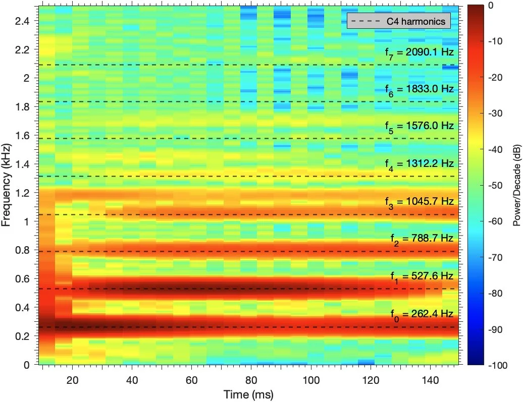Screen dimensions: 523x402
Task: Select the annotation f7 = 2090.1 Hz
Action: click(x=420, y=53)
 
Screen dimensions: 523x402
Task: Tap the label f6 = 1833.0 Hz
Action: click(x=420, y=90)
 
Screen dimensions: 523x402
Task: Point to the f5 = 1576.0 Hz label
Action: click(x=420, y=127)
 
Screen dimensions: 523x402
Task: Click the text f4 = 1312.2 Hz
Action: click(x=420, y=164)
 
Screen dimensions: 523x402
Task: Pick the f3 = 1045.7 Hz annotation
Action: click(x=420, y=202)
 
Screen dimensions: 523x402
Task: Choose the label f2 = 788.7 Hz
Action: click(x=422, y=239)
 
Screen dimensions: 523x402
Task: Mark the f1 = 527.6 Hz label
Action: click(x=422, y=277)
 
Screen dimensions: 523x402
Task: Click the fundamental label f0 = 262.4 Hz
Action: click(x=422, y=315)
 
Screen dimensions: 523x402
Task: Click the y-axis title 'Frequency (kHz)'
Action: click(x=6, y=185)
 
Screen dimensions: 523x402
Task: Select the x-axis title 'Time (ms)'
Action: click(x=248, y=394)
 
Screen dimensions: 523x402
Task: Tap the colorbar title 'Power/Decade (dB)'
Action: click(x=516, y=185)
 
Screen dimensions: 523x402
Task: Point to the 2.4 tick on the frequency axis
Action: click(x=22, y=21)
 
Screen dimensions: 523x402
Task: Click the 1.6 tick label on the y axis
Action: click(x=22, y=136)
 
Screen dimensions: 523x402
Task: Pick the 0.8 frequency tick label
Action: click(x=22, y=250)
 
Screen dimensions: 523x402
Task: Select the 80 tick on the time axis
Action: click(x=251, y=380)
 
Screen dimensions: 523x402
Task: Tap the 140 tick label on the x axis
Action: click(x=430, y=380)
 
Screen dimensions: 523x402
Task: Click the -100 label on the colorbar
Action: click(x=498, y=366)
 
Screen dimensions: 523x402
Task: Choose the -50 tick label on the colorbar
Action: click(x=495, y=185)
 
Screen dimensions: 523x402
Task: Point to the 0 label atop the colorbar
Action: click(x=491, y=6)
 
